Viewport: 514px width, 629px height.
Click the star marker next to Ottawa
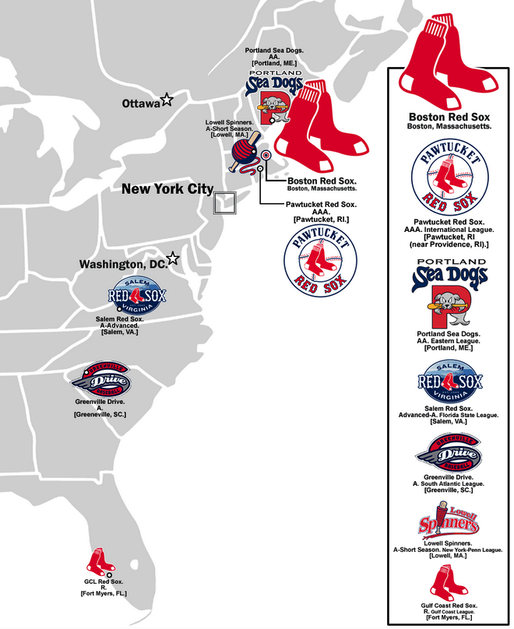click(x=166, y=100)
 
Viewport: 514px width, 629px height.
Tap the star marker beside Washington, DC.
click(x=173, y=259)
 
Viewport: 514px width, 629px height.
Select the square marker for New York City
click(x=224, y=202)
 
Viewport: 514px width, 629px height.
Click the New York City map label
click(x=167, y=189)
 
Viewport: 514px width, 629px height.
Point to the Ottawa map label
click(x=140, y=103)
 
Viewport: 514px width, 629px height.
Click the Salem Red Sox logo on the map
click(x=137, y=295)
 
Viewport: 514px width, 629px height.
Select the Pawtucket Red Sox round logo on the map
click(x=320, y=262)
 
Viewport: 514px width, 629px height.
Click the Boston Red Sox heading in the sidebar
click(x=449, y=117)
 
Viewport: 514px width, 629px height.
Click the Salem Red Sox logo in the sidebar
click(x=449, y=380)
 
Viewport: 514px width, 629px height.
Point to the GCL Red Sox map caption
click(x=104, y=588)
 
